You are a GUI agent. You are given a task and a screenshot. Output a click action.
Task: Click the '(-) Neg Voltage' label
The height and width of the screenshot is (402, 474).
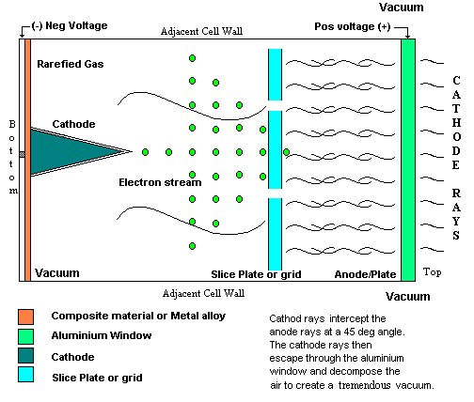click(70, 25)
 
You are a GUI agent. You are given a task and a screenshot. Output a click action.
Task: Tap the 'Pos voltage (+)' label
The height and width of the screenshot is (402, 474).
click(353, 26)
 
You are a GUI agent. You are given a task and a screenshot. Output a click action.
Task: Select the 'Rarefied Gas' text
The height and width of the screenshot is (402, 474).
click(71, 64)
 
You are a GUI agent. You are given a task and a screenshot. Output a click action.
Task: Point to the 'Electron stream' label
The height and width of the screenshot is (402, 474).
click(160, 182)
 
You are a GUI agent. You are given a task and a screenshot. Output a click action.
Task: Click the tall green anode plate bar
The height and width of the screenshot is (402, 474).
click(408, 160)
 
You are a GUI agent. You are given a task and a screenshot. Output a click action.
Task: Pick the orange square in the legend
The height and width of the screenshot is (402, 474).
click(25, 317)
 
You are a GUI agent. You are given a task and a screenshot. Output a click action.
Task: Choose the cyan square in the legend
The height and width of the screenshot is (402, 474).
click(25, 375)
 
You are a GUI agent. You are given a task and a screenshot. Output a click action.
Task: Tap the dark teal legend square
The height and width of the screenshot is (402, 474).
click(25, 355)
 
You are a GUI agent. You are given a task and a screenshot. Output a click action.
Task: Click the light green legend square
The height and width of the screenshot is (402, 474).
click(25, 336)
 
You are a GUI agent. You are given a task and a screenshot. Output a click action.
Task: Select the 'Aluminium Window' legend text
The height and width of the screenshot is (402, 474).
click(102, 335)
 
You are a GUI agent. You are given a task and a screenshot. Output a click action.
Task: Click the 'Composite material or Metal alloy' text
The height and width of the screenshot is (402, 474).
click(138, 316)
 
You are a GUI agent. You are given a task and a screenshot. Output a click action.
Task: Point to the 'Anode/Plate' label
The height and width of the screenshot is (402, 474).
click(365, 274)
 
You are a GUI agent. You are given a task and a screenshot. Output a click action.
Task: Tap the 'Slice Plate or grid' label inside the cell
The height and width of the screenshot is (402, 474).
click(256, 274)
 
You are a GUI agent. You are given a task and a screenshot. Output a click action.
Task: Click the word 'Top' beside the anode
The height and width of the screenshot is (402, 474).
click(432, 271)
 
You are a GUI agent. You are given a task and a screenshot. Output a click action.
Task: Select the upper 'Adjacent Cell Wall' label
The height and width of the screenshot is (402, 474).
click(201, 31)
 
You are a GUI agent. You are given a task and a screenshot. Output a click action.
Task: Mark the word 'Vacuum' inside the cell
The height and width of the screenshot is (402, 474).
click(57, 273)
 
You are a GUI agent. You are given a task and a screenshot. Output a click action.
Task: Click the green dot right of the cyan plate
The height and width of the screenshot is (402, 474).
click(286, 152)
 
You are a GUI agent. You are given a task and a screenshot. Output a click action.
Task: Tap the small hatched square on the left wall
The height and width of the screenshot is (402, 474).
click(22, 154)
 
